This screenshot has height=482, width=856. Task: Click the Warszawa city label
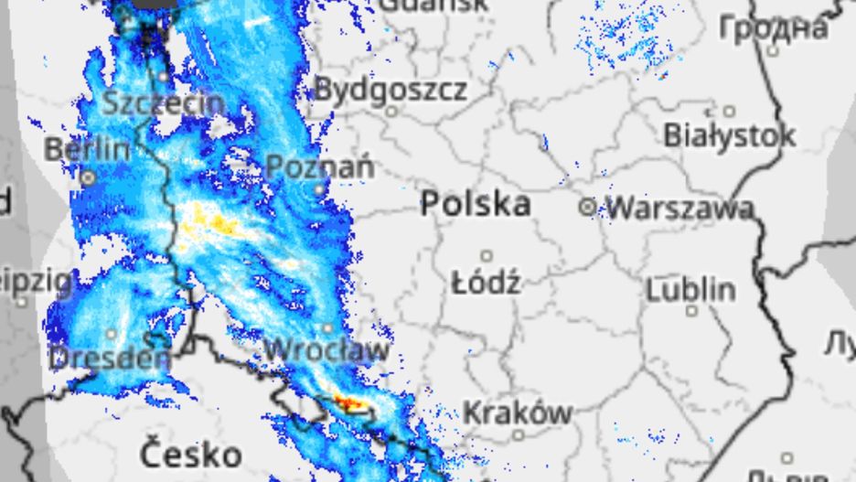680,209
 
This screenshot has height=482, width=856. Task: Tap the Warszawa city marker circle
587,208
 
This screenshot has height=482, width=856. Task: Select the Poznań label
320,167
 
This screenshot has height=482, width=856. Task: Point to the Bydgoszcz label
391,90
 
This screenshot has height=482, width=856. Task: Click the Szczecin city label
163,102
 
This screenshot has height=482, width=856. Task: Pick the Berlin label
87,149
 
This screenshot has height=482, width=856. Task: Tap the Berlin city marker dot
88,177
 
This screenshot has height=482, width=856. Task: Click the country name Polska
476,204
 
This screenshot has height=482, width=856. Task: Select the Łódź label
487,283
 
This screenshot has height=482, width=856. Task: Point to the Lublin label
690,290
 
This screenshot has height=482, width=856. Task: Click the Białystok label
729,136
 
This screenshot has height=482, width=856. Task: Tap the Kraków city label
518,412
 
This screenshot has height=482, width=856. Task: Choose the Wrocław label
326,349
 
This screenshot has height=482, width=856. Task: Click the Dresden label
111,357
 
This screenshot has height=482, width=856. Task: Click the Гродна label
774,28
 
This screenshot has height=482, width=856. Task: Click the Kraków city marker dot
519,435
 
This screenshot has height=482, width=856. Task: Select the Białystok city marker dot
729,112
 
